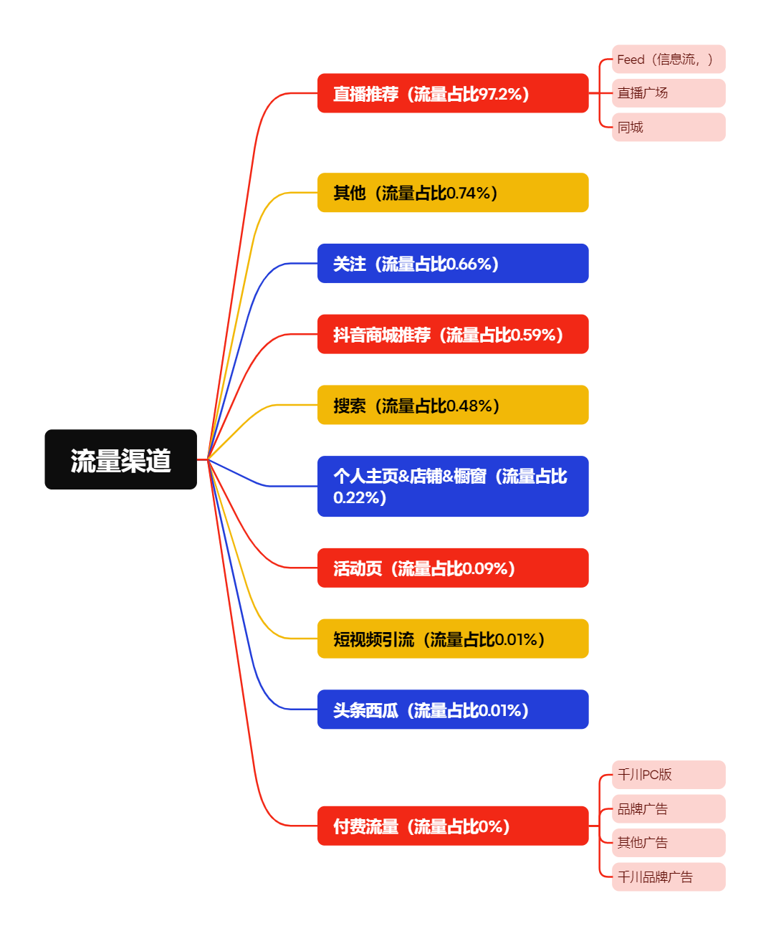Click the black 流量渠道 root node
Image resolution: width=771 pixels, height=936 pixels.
[x=120, y=459]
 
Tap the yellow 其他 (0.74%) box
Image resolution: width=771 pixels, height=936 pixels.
[x=453, y=193]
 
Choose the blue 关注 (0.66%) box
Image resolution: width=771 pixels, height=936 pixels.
[x=453, y=264]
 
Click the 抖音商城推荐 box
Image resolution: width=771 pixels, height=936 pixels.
[x=453, y=334]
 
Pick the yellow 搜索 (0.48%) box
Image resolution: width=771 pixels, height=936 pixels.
[x=453, y=405]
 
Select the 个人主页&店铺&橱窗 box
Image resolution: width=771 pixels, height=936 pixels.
[x=453, y=486]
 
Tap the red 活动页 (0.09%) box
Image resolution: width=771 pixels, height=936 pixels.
[x=453, y=568]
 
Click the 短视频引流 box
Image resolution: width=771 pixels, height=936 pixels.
[x=453, y=639]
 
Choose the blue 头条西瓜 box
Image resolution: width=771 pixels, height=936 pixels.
[x=453, y=710]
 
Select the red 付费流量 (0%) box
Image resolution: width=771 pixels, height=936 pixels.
[x=453, y=826]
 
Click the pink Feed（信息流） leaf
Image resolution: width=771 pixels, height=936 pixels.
[x=669, y=59]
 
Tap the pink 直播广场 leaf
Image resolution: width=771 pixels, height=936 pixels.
[x=669, y=93]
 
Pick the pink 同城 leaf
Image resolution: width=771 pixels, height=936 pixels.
[x=669, y=128]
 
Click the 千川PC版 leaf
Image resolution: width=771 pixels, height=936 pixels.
[x=669, y=775]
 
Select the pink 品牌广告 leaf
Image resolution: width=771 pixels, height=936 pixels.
[x=669, y=809]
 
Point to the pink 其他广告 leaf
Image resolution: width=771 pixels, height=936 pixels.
[x=669, y=843]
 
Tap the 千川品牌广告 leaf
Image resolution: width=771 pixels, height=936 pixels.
[x=669, y=877]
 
